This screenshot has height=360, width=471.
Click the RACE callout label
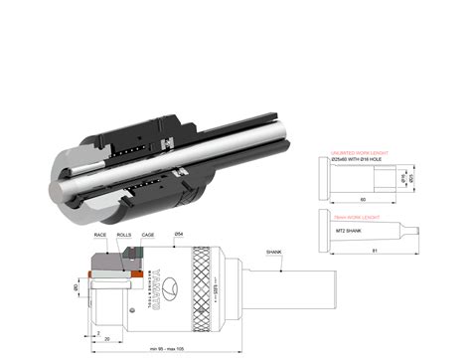click(100, 235)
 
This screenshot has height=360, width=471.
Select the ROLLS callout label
click(124, 235)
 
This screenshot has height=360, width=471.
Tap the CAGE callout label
click(147, 235)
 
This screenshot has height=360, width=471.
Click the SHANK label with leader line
click(274, 254)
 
